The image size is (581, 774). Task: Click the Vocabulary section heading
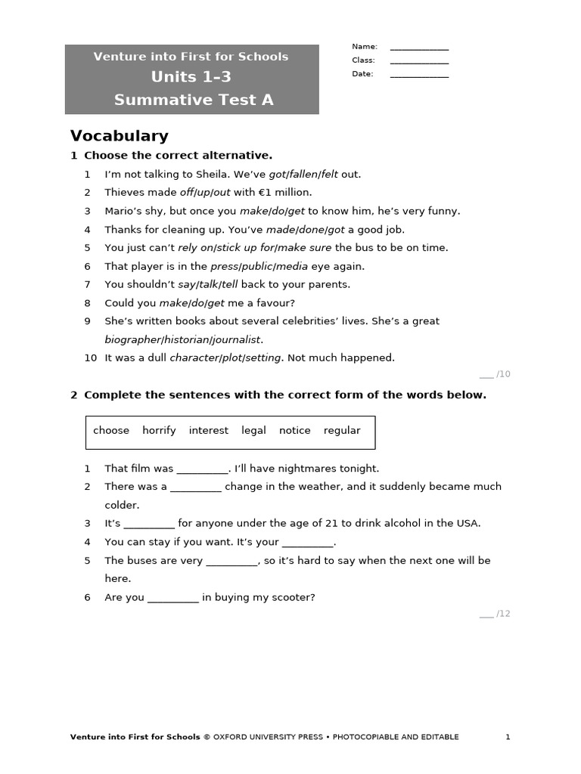[119, 136]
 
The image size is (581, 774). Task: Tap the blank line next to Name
[419, 48]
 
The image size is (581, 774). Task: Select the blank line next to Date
[419, 75]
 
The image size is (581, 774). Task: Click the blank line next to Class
[419, 61]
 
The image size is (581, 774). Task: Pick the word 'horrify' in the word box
[159, 431]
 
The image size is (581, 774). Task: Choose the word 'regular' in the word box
[342, 431]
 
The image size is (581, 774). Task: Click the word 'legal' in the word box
[253, 431]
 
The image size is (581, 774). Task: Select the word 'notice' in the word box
[294, 431]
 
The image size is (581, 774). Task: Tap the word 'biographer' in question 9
[132, 339]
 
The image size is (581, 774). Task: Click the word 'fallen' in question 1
[303, 175]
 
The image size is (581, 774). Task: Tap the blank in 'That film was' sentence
[202, 469]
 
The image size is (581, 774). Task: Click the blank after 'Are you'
[173, 598]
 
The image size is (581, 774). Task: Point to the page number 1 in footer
[508, 737]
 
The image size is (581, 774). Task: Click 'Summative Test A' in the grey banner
[194, 100]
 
